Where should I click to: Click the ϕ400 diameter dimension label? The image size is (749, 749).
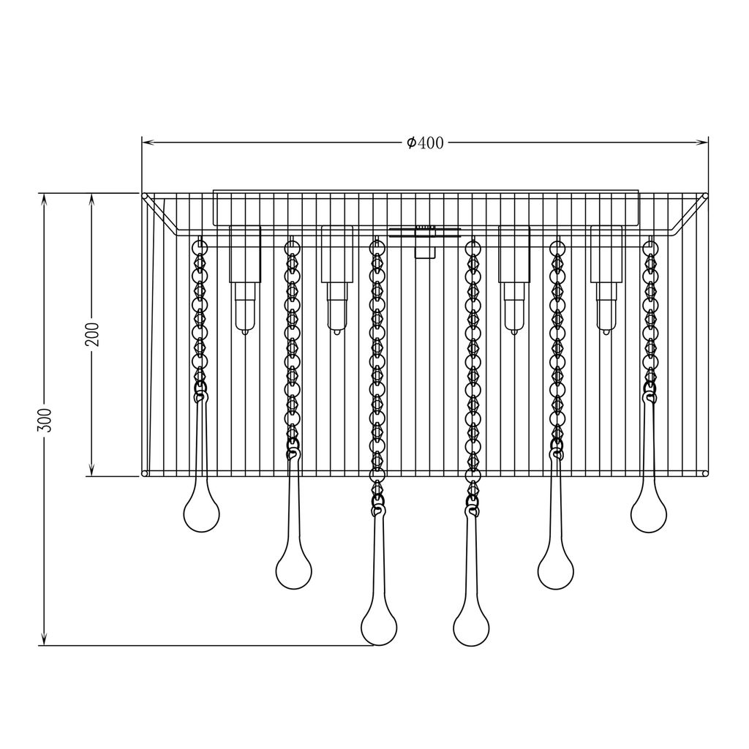tap(425, 143)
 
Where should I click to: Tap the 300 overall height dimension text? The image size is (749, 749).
tap(45, 419)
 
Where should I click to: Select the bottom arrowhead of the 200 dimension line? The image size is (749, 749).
tap(91, 471)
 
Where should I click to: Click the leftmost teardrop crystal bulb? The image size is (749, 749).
tap(201, 513)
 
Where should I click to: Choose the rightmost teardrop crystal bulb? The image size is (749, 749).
tap(648, 513)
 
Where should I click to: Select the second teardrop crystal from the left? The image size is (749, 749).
tap(293, 569)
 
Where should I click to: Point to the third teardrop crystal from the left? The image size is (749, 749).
tap(379, 625)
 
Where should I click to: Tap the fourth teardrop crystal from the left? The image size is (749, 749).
tap(471, 625)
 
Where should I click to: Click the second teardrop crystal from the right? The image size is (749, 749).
tap(556, 569)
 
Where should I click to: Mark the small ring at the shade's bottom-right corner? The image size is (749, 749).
tap(705, 474)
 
